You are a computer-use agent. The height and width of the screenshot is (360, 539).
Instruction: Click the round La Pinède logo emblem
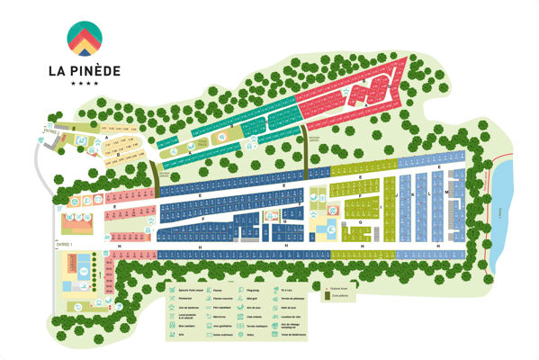[x=85, y=37]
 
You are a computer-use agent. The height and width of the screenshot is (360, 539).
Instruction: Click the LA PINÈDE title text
[x=85, y=68]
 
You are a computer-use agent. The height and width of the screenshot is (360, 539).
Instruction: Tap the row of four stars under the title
[x=85, y=83]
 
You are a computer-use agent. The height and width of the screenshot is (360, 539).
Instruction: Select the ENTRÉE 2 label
[x=49, y=132]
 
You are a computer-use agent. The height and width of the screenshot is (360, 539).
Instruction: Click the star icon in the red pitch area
[x=382, y=84]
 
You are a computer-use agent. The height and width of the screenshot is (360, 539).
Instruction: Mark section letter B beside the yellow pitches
[x=118, y=154]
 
